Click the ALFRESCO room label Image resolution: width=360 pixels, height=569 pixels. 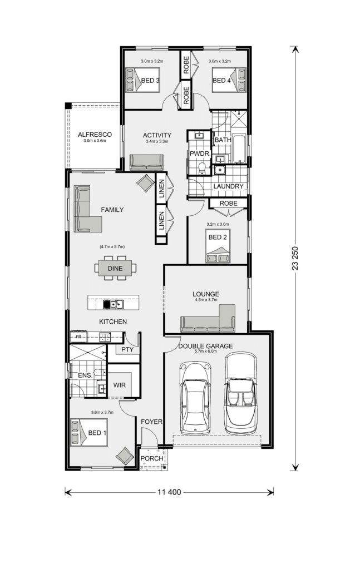pos(95,135)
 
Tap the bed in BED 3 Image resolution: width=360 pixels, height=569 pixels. pos(142,80)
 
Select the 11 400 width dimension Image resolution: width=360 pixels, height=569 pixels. pos(169,492)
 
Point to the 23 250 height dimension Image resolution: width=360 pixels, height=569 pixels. pos(295,258)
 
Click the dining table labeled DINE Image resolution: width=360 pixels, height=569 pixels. pos(115,268)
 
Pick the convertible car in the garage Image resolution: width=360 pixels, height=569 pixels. pos(241,393)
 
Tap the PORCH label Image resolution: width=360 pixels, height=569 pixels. pos(152,458)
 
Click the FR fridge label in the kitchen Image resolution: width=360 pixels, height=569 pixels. pos(78,337)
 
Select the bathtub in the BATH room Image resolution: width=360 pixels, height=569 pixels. pos(239,149)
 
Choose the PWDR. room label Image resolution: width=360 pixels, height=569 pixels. pos(200,154)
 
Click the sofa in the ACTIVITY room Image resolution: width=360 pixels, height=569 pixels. pos(146,162)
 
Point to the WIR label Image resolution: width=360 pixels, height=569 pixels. pos(120,385)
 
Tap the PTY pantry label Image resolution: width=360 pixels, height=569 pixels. pos(127,350)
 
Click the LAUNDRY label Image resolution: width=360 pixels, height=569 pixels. pos(228,186)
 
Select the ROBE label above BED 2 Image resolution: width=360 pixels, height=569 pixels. pos(228,203)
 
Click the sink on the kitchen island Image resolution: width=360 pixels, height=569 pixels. pos(117,304)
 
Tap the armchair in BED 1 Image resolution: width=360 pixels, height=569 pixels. pos(125,456)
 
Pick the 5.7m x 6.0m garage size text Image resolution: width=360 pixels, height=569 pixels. pos(205,352)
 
